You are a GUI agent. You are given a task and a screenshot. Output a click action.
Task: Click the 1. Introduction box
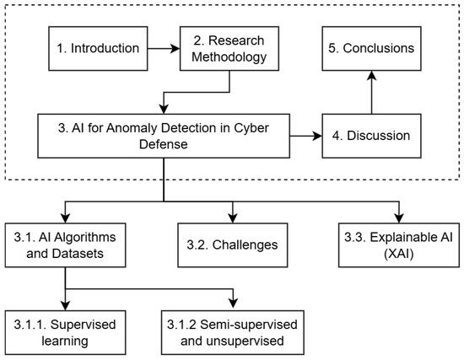[98, 49]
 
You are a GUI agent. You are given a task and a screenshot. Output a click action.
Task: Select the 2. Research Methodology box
[229, 49]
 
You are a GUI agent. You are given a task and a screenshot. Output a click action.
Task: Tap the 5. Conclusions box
[372, 49]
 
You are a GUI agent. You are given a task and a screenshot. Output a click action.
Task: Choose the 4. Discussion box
[372, 136]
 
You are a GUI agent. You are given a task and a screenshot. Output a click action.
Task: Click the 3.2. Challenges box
[233, 245]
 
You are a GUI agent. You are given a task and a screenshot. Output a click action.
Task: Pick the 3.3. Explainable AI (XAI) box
[399, 245]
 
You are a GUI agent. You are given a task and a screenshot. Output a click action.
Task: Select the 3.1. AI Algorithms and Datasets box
[65, 245]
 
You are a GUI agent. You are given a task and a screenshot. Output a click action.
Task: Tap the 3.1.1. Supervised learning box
[65, 332]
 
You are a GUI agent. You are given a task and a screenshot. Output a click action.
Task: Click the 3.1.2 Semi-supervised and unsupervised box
[233, 332]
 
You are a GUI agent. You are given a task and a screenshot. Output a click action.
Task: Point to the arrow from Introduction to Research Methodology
[164, 49]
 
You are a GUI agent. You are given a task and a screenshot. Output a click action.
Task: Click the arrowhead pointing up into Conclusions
[372, 75]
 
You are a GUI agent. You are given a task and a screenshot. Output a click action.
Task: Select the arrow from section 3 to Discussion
[306, 136]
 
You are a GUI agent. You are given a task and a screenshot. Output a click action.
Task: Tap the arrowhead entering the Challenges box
[233, 218]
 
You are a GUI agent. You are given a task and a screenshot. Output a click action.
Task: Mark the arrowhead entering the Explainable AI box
[399, 218]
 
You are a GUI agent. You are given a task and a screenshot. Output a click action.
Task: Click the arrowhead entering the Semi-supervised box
[233, 304]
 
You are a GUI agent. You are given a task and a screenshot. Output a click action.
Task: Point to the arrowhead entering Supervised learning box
[65, 305]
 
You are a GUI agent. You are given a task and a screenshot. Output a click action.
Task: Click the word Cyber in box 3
[251, 128]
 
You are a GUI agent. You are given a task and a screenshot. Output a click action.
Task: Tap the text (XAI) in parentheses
[398, 254]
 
